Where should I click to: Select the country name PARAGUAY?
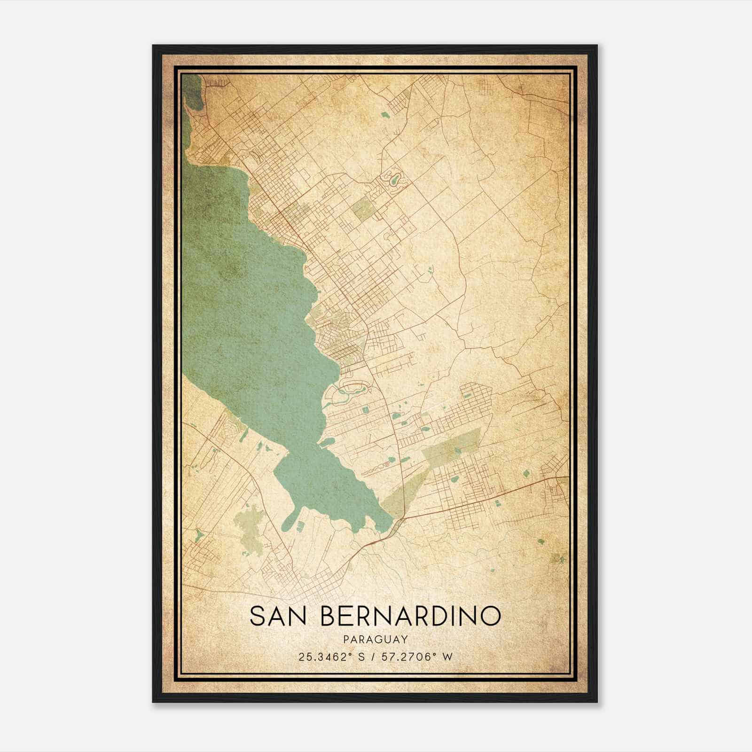375,639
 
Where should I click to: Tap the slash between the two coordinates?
371,657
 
